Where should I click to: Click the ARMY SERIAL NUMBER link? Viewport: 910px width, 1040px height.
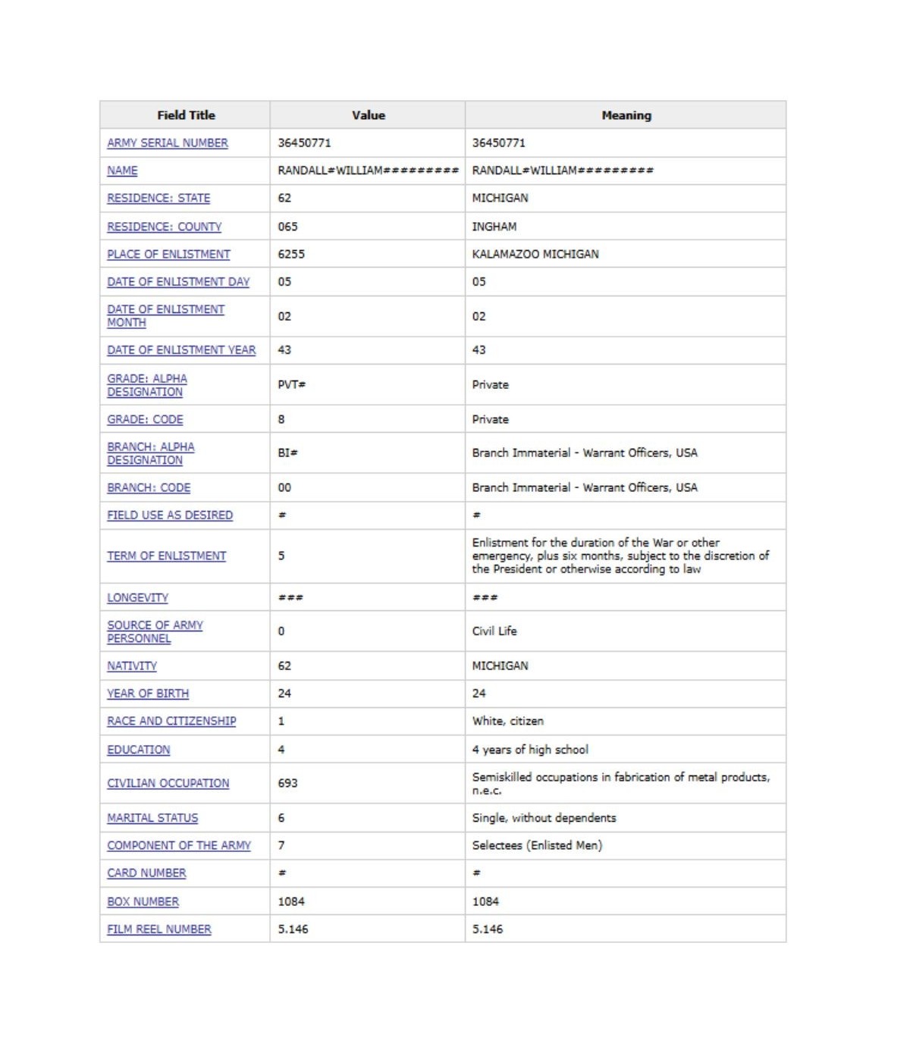click(168, 143)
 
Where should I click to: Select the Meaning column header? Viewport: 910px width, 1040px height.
click(626, 115)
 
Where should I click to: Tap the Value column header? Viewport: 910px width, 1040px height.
click(368, 115)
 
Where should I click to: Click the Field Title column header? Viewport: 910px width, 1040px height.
click(186, 115)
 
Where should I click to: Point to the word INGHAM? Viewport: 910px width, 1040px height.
click(494, 227)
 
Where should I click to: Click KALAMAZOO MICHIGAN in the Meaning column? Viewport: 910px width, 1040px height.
click(535, 254)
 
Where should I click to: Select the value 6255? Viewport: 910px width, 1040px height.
click(291, 254)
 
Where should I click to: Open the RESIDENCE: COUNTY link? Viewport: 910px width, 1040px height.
click(165, 227)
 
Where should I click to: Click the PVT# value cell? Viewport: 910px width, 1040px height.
click(292, 384)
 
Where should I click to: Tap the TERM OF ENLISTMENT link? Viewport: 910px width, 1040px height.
click(167, 556)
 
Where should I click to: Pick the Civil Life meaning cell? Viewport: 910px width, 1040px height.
click(494, 631)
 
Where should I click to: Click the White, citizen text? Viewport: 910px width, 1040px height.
click(508, 721)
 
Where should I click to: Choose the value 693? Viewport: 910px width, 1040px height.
click(288, 783)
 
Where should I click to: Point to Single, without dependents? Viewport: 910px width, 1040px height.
click(544, 818)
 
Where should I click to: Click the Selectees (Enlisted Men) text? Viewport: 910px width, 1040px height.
click(537, 845)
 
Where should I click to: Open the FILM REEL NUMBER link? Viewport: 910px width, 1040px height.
click(159, 929)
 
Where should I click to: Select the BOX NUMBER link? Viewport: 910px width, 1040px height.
click(143, 901)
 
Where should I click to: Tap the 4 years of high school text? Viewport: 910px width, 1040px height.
click(530, 750)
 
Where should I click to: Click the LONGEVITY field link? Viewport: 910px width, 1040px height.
click(138, 597)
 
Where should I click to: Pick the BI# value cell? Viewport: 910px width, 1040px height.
click(288, 453)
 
